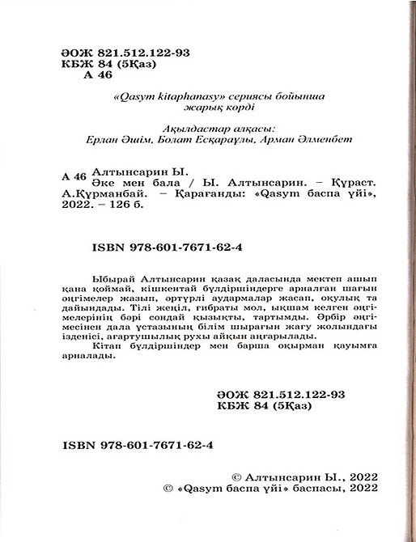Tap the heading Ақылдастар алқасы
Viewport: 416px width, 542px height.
click(x=197, y=126)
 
